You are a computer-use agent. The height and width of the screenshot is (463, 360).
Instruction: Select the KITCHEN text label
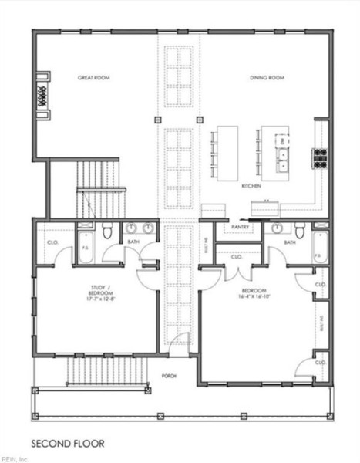point(251,186)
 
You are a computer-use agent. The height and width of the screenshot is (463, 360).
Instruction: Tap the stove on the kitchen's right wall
point(319,157)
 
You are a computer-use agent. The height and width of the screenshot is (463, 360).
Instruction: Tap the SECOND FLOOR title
point(67,444)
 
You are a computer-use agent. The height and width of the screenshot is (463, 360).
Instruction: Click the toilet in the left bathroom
point(107,230)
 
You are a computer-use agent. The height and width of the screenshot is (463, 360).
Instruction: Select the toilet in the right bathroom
point(298,229)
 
